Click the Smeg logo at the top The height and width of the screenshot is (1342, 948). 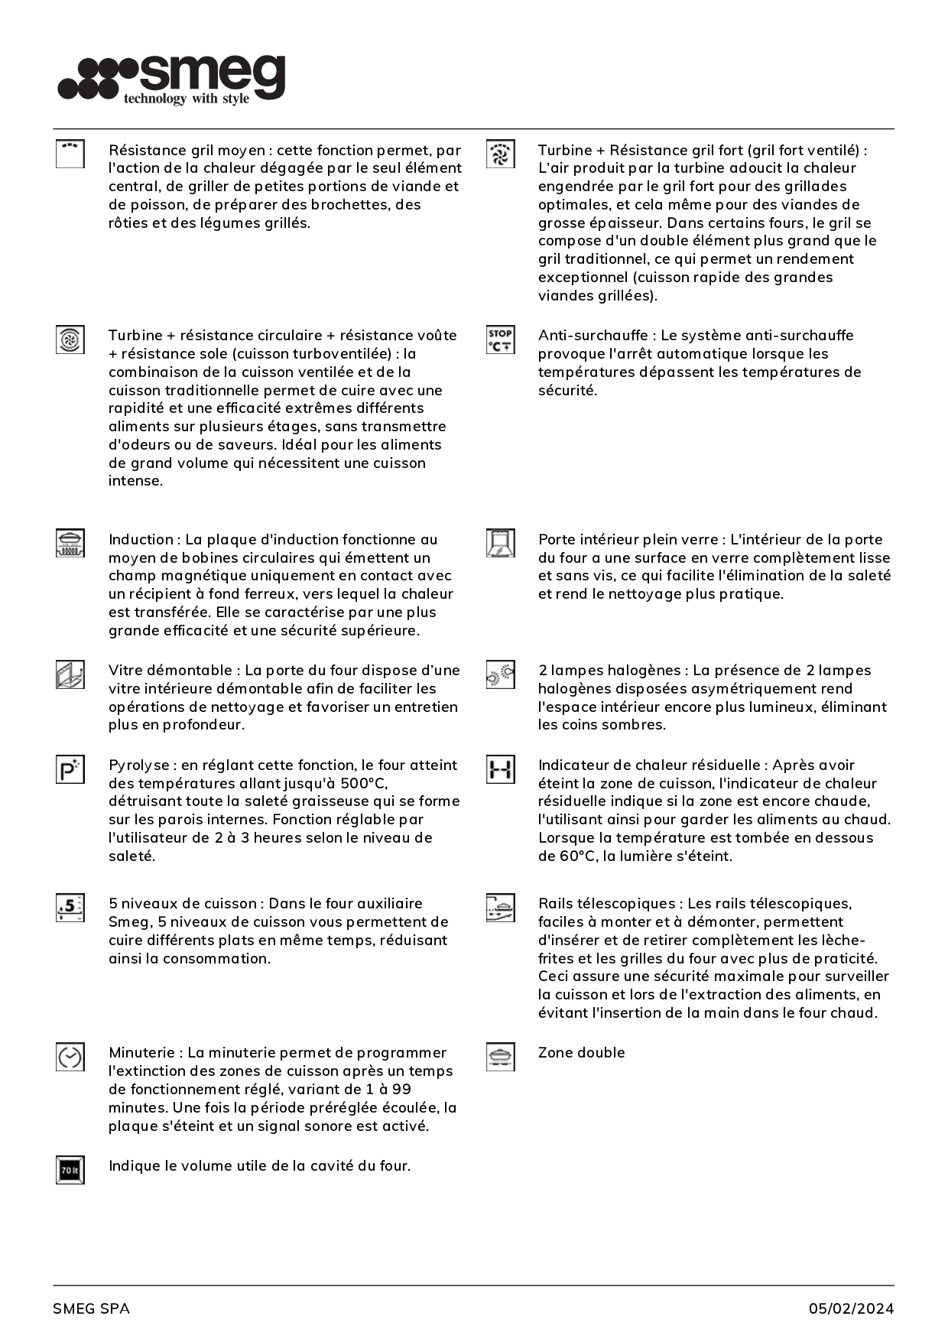(171, 78)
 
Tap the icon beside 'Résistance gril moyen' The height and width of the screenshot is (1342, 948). (70, 154)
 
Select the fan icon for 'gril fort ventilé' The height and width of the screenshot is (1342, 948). (500, 154)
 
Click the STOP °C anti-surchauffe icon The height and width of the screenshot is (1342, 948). (500, 340)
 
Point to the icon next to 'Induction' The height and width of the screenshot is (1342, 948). (70, 543)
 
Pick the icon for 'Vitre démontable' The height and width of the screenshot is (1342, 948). (70, 674)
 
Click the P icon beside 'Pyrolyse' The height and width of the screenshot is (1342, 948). (70, 769)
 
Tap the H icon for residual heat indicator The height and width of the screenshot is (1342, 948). (500, 769)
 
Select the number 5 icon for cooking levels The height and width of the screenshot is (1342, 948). (70, 908)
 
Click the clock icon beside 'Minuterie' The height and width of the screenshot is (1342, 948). (70, 1057)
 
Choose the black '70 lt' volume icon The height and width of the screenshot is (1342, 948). (70, 1170)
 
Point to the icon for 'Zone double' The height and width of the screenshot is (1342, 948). (500, 1057)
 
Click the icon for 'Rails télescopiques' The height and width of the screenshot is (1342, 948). (500, 908)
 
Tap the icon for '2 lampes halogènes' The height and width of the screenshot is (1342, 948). (500, 674)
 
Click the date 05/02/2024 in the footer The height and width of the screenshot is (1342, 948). (851, 1308)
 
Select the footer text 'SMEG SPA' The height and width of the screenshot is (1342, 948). (91, 1308)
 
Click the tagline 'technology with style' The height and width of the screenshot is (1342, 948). (187, 99)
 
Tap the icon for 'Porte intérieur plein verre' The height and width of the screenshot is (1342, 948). (500, 543)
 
